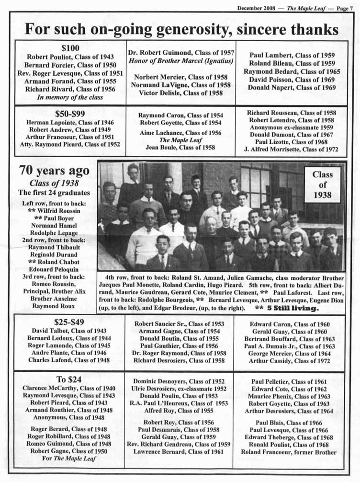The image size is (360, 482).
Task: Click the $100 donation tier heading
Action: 70,48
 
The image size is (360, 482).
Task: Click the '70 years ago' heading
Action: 54,171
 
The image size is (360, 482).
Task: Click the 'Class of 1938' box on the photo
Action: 322,185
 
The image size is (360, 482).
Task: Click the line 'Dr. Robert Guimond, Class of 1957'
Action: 180,53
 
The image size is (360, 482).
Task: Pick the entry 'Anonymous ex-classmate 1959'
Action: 291,128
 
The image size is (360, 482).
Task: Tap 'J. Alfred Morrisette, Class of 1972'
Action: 291,149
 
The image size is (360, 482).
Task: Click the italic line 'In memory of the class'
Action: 70,97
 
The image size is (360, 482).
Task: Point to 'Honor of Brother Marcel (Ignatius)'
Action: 180,61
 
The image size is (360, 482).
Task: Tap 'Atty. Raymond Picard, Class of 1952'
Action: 70,144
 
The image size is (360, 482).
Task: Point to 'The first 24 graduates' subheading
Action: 54,193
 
